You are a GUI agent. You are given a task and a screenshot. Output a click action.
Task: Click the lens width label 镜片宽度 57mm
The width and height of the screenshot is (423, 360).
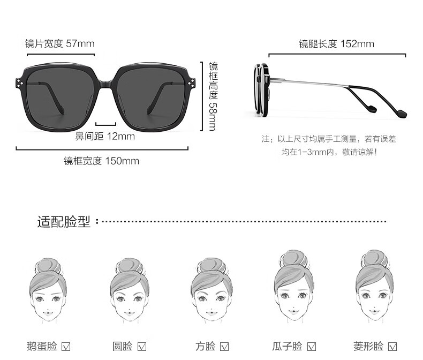click(60, 43)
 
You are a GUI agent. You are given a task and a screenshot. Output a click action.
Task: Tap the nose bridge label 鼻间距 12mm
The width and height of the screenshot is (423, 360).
click(105, 136)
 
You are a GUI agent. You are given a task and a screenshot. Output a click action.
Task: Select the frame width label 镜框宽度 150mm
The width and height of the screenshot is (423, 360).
click(101, 161)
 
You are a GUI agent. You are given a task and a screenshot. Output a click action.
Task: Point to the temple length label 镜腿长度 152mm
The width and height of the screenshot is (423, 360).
click(336, 44)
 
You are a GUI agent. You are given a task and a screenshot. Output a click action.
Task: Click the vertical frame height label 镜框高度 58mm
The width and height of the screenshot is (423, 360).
click(213, 96)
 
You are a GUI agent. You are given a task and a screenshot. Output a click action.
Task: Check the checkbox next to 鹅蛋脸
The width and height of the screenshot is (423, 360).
click(66, 347)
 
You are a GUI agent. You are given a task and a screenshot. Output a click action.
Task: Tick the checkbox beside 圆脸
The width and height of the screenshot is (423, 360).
click(142, 347)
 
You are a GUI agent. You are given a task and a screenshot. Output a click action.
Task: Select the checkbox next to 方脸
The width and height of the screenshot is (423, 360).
click(224, 347)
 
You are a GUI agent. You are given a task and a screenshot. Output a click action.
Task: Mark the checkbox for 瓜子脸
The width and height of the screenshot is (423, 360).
click(312, 347)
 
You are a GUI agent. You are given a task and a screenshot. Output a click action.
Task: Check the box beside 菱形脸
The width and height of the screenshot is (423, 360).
click(392, 347)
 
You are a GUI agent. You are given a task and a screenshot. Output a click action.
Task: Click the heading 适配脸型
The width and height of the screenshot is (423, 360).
click(64, 222)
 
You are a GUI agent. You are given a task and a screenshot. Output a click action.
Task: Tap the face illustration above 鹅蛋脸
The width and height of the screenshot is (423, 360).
click(48, 290)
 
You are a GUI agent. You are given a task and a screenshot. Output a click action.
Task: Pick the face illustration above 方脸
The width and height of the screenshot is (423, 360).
click(211, 290)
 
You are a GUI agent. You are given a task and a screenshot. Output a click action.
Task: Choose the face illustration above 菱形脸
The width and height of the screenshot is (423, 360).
click(374, 286)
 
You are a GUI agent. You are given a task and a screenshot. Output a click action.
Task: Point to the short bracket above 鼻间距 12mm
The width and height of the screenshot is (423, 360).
click(106, 125)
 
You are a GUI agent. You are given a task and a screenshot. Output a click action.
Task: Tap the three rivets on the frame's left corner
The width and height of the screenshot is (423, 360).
click(19, 83)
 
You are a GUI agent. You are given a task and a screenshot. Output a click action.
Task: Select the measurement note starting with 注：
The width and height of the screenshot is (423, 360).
click(329, 146)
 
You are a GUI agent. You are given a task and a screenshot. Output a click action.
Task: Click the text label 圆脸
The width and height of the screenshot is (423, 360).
click(123, 346)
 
